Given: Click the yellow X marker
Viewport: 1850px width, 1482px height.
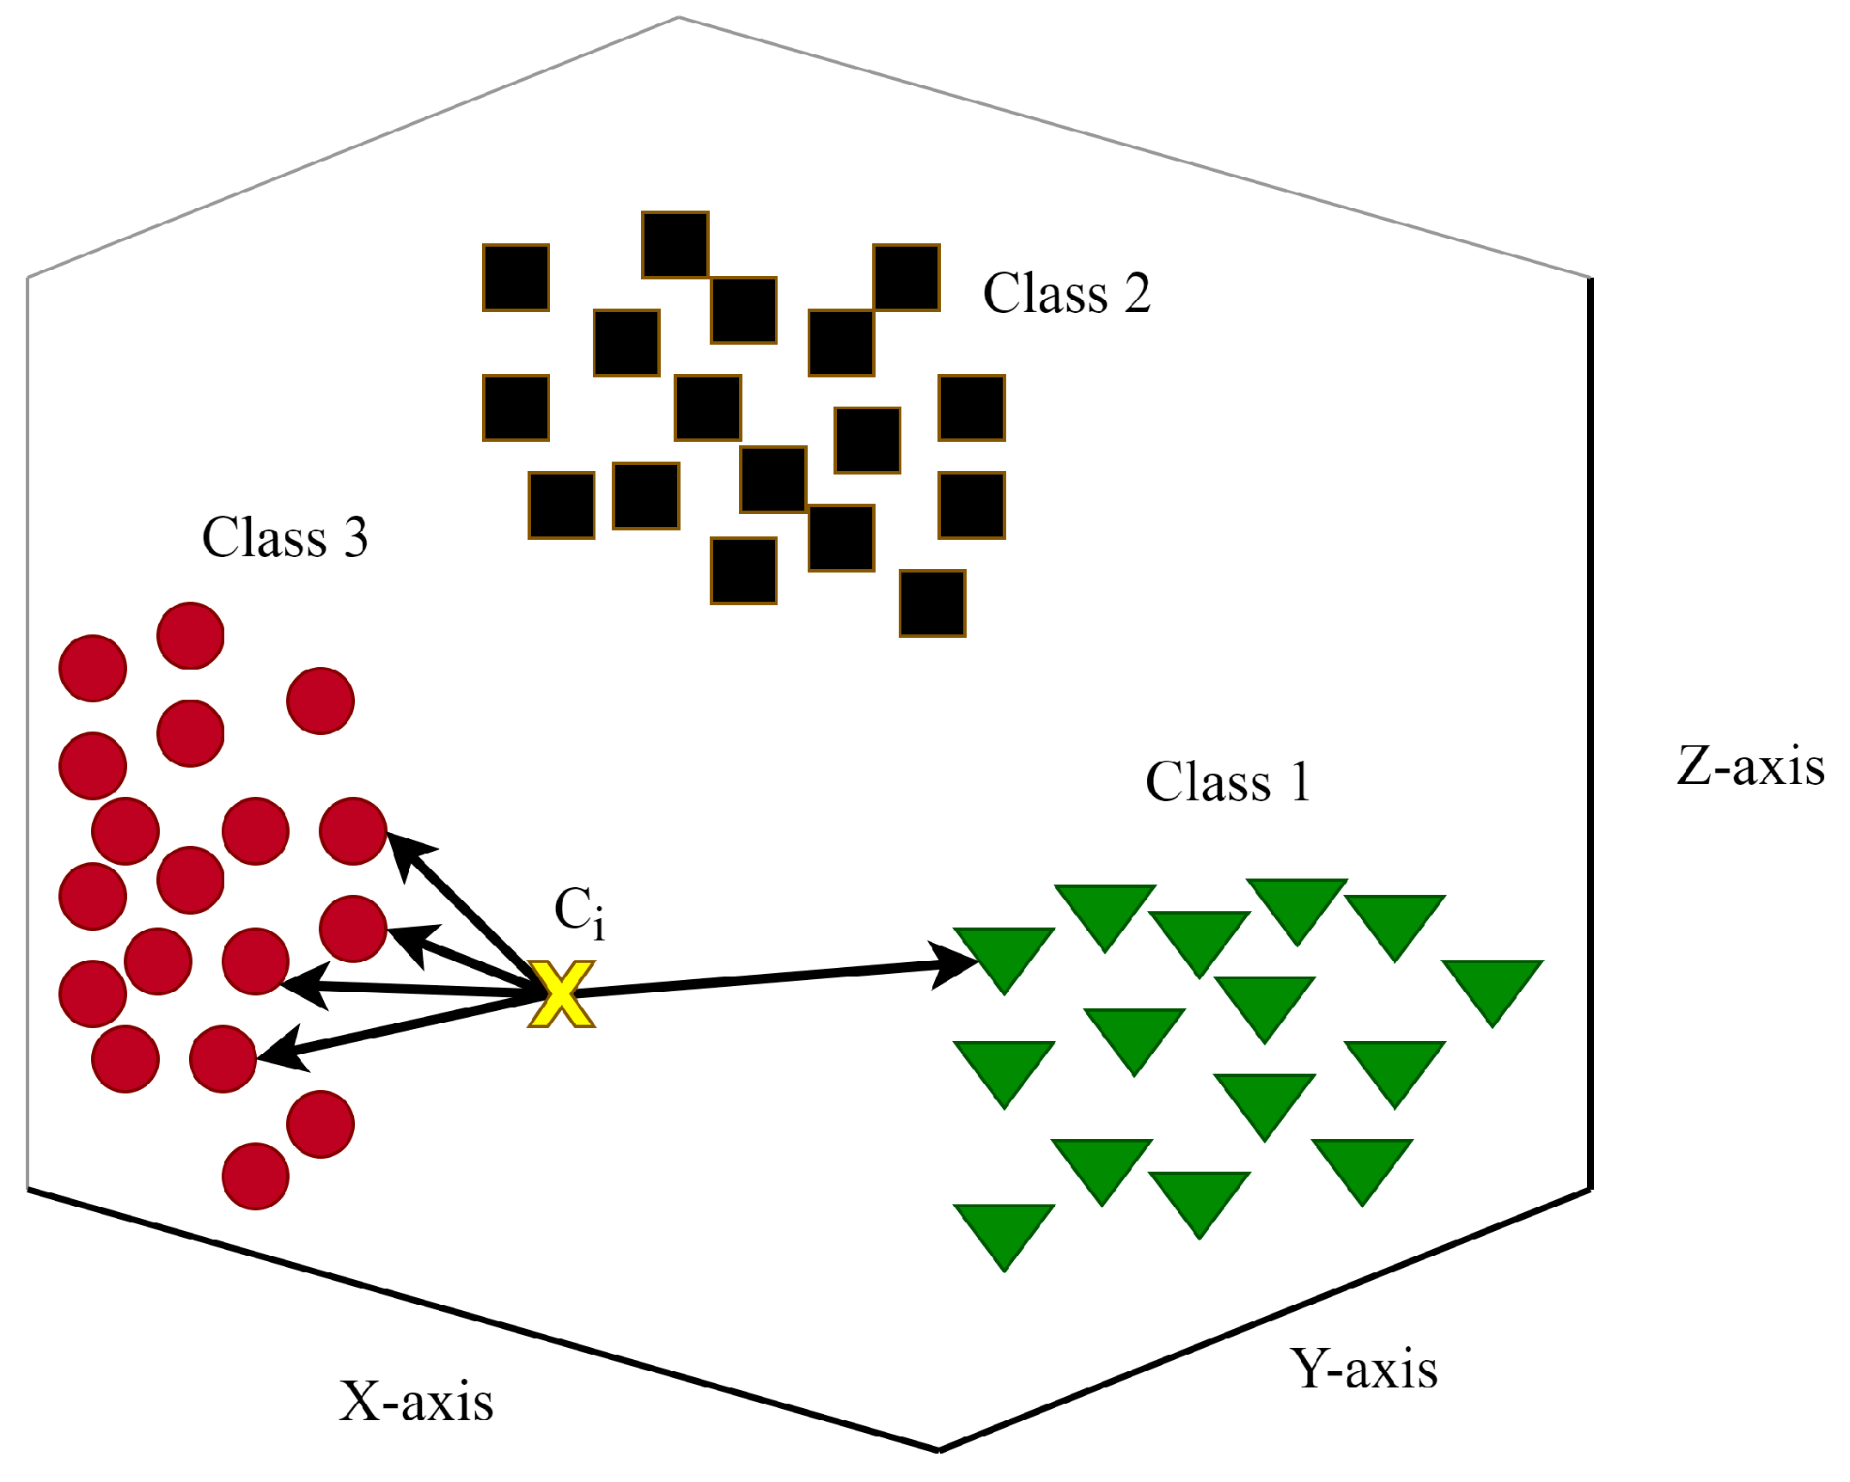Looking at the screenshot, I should click(560, 995).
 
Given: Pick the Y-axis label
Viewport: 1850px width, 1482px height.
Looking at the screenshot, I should click(1363, 1369).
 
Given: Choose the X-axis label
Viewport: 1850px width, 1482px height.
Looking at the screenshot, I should click(416, 1402).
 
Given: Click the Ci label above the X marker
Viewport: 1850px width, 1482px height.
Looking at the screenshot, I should click(578, 912).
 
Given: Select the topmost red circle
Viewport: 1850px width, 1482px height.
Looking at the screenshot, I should click(191, 635).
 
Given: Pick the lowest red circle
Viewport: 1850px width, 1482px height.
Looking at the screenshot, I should click(255, 1176).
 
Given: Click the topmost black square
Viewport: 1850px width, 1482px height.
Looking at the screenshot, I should click(675, 245).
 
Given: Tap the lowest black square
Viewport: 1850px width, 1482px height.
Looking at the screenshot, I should click(932, 603).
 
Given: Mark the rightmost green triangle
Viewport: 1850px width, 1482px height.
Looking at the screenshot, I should click(1493, 985).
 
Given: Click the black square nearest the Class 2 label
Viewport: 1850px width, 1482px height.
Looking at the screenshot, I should click(907, 278).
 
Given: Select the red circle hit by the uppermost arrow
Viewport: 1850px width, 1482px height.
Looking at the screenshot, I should click(352, 830).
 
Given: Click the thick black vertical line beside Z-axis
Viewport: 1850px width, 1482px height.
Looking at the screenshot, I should click(1590, 731).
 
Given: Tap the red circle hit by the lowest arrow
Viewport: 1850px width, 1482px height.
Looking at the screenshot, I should click(223, 1058).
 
